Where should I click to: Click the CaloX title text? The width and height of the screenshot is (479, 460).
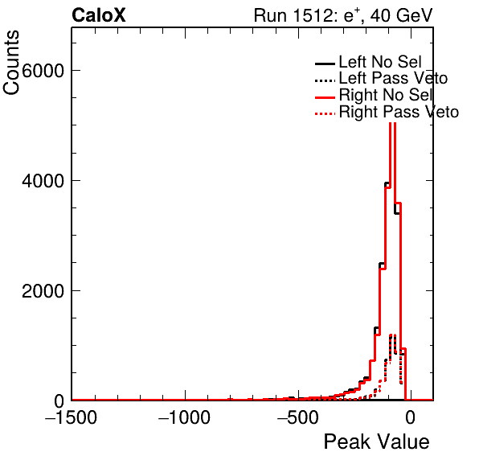pos(99,15)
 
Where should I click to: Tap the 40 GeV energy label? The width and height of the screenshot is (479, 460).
pos(401,15)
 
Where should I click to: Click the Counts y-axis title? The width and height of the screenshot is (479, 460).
pos(11,63)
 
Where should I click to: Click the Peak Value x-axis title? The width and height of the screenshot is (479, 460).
pos(376,442)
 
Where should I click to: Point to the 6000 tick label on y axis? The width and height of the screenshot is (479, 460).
pos(43,71)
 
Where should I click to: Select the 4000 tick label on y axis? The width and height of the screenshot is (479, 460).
pos(43,181)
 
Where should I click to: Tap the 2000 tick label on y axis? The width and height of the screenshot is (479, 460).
pos(43,291)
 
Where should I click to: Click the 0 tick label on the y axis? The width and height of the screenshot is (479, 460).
pos(59,401)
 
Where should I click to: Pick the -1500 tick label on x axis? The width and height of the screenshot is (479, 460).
pos(72,417)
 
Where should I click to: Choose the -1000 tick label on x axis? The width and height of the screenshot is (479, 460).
pos(185,417)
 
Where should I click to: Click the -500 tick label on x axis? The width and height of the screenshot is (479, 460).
pos(298,417)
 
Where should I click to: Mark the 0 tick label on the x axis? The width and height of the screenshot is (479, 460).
pos(411,417)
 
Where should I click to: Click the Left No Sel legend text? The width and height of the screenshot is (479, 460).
pos(380,62)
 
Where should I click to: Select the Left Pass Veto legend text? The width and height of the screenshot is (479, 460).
pos(393,78)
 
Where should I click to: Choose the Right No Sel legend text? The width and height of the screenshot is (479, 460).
pos(386,95)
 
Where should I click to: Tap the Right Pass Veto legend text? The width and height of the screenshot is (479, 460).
pos(399,112)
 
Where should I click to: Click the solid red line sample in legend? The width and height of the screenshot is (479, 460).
pos(325,97)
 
